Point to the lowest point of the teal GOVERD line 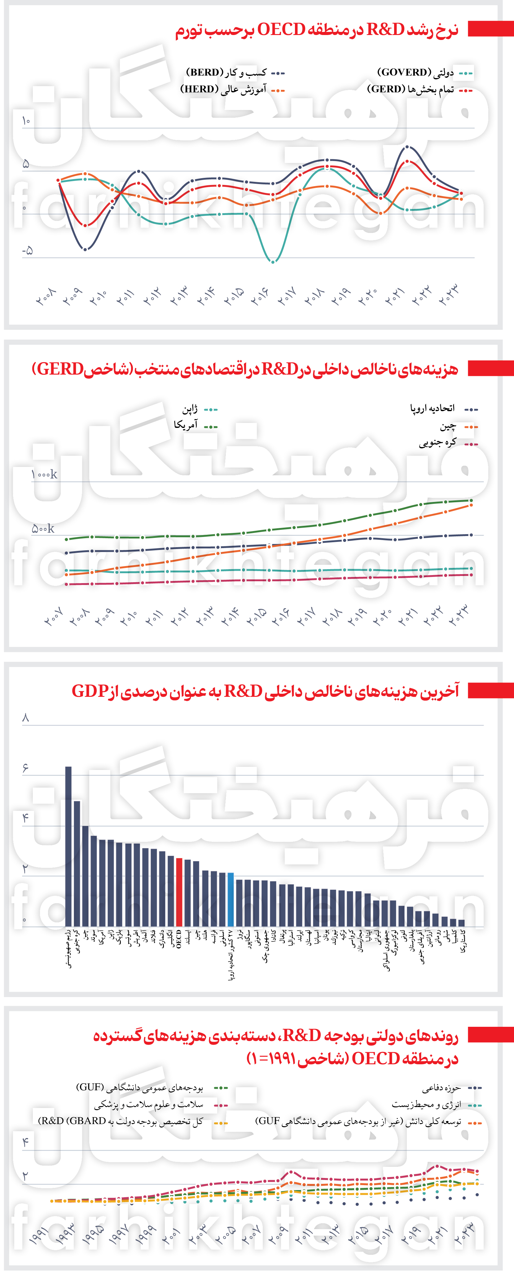point(273,261)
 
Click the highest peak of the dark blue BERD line point(407,147)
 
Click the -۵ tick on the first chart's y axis point(27,251)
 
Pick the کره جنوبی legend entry point(437,443)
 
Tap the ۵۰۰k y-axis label point(43,529)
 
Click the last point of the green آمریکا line point(471,500)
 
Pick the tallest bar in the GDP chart point(68,844)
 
